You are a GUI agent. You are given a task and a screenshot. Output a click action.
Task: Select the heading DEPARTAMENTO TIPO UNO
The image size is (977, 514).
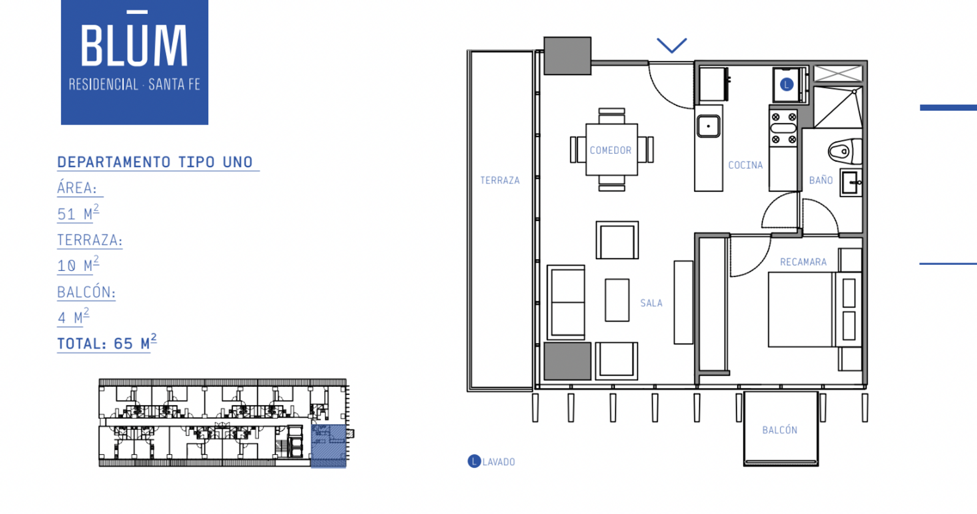tap(155, 162)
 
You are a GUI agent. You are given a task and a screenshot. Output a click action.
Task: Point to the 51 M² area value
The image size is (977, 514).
tap(78, 213)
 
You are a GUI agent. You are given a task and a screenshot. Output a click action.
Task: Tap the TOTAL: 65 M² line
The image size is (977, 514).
tap(107, 343)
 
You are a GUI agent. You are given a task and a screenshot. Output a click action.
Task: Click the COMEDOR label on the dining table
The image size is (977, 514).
tap(611, 150)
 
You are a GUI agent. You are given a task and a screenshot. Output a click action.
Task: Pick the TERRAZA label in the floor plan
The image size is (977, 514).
tap(500, 180)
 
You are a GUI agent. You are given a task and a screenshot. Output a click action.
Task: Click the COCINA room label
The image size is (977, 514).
tap(745, 165)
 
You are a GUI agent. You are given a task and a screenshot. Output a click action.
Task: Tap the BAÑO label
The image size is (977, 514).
tap(821, 180)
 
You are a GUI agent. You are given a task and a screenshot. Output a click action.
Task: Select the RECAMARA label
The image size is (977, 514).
tap(803, 262)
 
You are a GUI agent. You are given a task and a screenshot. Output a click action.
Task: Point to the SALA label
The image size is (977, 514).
tap(651, 304)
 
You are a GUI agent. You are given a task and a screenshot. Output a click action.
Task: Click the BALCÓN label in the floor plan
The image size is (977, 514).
tap(780, 430)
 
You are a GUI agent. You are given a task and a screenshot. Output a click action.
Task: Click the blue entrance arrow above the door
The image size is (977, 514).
tap(672, 45)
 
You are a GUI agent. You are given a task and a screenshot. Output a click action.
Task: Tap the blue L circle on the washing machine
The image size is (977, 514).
tap(787, 84)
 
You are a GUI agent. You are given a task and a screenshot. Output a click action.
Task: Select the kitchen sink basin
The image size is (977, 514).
tap(708, 127)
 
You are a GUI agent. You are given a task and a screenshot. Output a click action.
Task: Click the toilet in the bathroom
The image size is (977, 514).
tap(845, 151)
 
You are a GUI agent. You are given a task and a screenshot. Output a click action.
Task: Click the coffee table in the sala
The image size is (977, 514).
tap(617, 300)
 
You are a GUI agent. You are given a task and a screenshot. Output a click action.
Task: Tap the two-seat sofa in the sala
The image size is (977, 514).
tap(566, 302)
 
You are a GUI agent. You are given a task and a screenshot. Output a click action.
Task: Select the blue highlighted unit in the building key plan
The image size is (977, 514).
tap(329, 446)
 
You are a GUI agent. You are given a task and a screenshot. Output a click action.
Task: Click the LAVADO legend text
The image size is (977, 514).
tap(499, 462)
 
